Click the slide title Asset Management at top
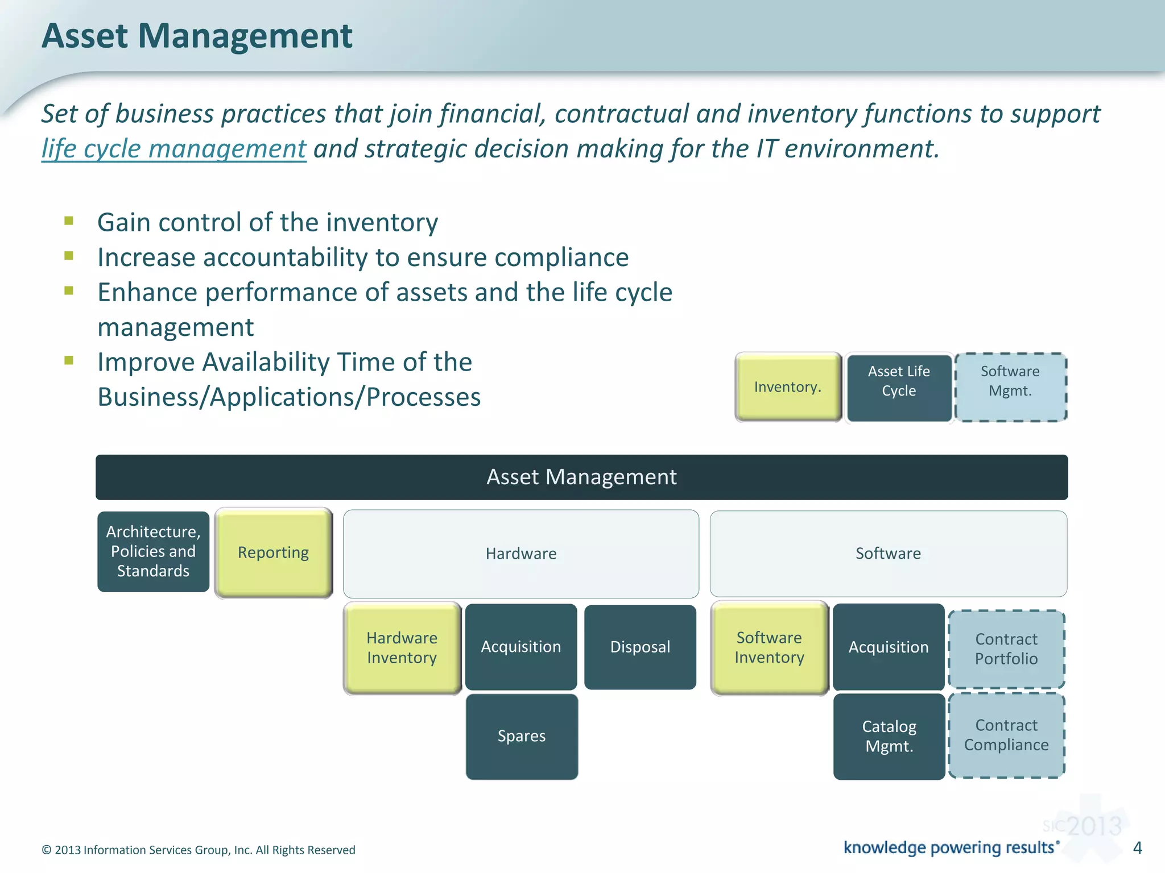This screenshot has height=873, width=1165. pyautogui.click(x=197, y=36)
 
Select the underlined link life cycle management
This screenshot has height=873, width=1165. pyautogui.click(x=173, y=149)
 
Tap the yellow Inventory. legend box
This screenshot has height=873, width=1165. pyautogui.click(x=788, y=387)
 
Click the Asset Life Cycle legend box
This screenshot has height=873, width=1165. pyautogui.click(x=899, y=388)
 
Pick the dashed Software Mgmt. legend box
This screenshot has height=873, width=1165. pyautogui.click(x=1010, y=388)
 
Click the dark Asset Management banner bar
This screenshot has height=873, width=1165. pyautogui.click(x=581, y=477)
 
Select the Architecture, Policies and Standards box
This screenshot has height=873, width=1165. pyautogui.click(x=153, y=551)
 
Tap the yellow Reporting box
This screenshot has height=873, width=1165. pyautogui.click(x=274, y=552)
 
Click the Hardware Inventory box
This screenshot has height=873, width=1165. pyautogui.click(x=402, y=648)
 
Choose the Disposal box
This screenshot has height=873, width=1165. pyautogui.click(x=640, y=647)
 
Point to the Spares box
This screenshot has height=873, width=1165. pyautogui.click(x=522, y=737)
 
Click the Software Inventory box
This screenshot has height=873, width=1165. pyautogui.click(x=769, y=648)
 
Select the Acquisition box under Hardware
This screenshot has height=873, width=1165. pyautogui.click(x=521, y=647)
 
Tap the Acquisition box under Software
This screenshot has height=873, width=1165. pyautogui.click(x=889, y=647)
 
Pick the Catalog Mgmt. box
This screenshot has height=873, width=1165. pyautogui.click(x=889, y=737)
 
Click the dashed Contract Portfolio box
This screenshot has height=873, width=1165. pyautogui.click(x=1006, y=649)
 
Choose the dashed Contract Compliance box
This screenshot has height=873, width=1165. pyautogui.click(x=1006, y=735)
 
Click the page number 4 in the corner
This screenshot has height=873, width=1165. pyautogui.click(x=1138, y=848)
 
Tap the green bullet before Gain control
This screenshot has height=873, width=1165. pyautogui.click(x=69, y=221)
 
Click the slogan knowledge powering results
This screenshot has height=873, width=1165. pyautogui.click(x=949, y=847)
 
